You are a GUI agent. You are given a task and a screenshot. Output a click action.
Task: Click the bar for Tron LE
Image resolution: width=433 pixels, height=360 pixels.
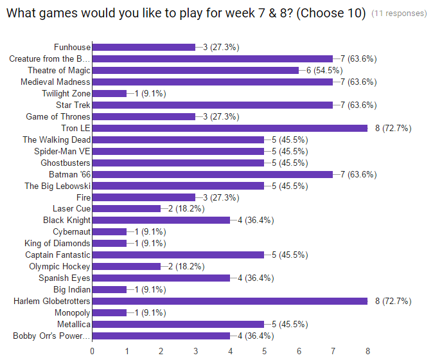pyautogui.click(x=229, y=128)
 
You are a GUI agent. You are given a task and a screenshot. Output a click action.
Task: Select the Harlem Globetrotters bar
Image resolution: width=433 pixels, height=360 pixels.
pyautogui.click(x=229, y=301)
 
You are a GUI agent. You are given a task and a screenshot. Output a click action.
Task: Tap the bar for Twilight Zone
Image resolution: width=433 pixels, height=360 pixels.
pyautogui.click(x=109, y=93)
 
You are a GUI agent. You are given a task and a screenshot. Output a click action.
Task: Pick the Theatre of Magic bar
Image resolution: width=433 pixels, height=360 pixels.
pyautogui.click(x=195, y=70)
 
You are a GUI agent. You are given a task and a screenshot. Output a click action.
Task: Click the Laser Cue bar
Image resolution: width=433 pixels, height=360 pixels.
pyautogui.click(x=127, y=208)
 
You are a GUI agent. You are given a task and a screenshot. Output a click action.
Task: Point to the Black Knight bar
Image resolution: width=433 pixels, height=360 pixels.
pyautogui.click(x=161, y=220)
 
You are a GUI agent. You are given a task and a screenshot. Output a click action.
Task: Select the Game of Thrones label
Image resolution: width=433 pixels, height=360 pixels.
pyautogui.click(x=58, y=116)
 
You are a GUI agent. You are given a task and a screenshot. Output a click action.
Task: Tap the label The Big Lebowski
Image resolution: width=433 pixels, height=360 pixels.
pyautogui.click(x=57, y=186)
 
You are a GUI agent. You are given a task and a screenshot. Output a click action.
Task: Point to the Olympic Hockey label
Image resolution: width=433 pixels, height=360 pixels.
pyautogui.click(x=59, y=266)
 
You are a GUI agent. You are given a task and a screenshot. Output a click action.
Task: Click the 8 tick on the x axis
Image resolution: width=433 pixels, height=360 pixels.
pyautogui.click(x=367, y=351)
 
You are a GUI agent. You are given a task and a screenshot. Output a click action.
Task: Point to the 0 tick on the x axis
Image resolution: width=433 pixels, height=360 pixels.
pyautogui.click(x=93, y=351)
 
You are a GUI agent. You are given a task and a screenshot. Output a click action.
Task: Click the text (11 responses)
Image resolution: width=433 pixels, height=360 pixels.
pyautogui.click(x=399, y=14)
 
